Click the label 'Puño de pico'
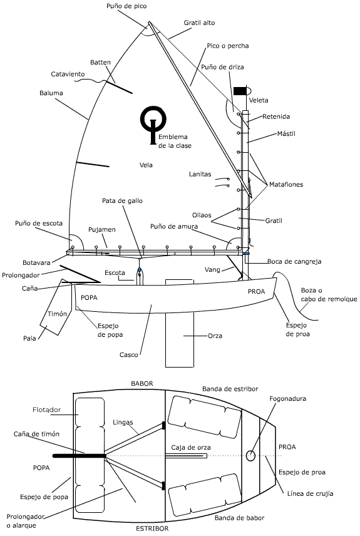[x=126, y=6]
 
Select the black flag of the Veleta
[x=240, y=91]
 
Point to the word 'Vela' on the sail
[x=146, y=165]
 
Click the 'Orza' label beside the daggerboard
[x=215, y=336]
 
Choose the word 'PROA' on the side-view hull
[x=257, y=292]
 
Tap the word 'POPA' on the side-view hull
[x=90, y=297]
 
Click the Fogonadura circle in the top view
[x=251, y=455]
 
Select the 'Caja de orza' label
[x=191, y=448]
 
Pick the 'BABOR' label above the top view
[x=142, y=384]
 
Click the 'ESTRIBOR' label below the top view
[x=152, y=528]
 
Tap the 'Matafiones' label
[x=286, y=185]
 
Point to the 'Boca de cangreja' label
[x=294, y=262]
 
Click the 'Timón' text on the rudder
[x=57, y=314]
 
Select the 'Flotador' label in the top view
[x=46, y=410]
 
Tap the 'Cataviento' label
[x=68, y=74]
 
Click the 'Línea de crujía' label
[x=310, y=493]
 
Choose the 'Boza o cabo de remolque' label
[x=329, y=295]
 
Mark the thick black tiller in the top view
[x=79, y=456]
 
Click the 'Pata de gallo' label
[x=122, y=201]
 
